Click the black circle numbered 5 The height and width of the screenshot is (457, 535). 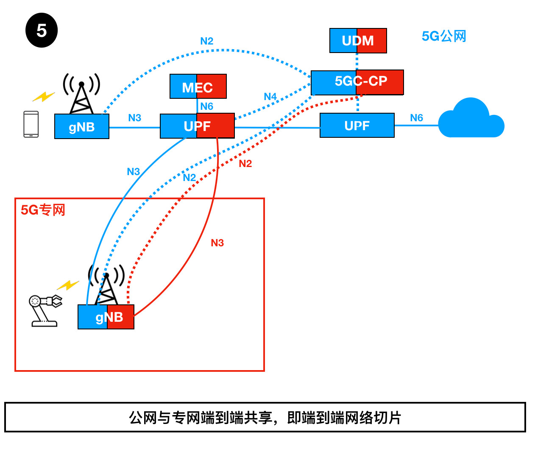[x=42, y=31]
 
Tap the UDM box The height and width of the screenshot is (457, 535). [x=358, y=41]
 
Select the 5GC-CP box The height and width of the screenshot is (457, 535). [x=357, y=82]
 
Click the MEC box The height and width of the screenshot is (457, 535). [x=198, y=86]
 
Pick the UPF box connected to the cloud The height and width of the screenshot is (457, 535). [x=357, y=125]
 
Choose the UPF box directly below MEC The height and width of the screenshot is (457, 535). [x=197, y=126]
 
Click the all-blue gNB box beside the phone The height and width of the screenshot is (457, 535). [x=82, y=126]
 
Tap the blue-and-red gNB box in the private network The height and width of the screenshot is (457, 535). [x=106, y=317]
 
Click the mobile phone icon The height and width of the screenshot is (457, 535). [x=31, y=124]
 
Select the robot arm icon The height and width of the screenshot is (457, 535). [x=45, y=310]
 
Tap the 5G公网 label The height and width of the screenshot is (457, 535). [x=444, y=36]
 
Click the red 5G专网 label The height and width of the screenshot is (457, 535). [x=43, y=210]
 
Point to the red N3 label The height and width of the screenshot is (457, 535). [x=217, y=243]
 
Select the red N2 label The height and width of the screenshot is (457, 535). [x=245, y=164]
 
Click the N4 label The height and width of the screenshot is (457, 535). [x=270, y=97]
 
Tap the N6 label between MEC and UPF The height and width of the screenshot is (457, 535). [x=206, y=106]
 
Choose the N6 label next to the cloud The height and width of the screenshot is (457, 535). [x=416, y=118]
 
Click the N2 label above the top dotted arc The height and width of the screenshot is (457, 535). [x=206, y=41]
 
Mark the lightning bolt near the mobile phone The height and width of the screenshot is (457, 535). [x=44, y=97]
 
